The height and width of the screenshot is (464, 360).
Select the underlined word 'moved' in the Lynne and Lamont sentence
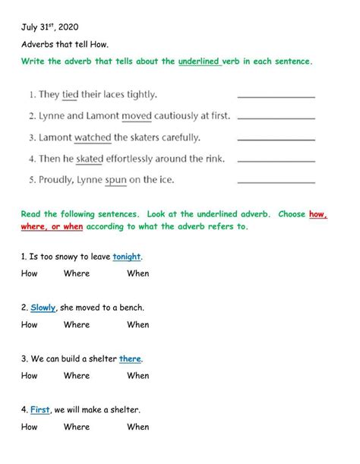(x=137, y=116)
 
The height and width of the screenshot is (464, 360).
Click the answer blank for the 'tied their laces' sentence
(x=276, y=97)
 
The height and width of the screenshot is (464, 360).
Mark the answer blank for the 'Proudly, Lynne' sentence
(x=276, y=182)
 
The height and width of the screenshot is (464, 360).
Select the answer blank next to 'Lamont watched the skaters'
(x=276, y=140)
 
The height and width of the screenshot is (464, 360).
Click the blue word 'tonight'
(x=127, y=256)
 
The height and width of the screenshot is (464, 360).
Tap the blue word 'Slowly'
(x=43, y=308)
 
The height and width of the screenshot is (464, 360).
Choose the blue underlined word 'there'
(x=131, y=358)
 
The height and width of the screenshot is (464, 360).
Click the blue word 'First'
(x=40, y=409)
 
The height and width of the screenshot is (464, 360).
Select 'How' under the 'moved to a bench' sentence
(x=30, y=324)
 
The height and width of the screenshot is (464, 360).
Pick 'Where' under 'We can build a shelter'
(x=77, y=375)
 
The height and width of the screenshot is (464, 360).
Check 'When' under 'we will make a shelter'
(x=138, y=427)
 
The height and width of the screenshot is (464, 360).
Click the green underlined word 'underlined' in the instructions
(x=200, y=61)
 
